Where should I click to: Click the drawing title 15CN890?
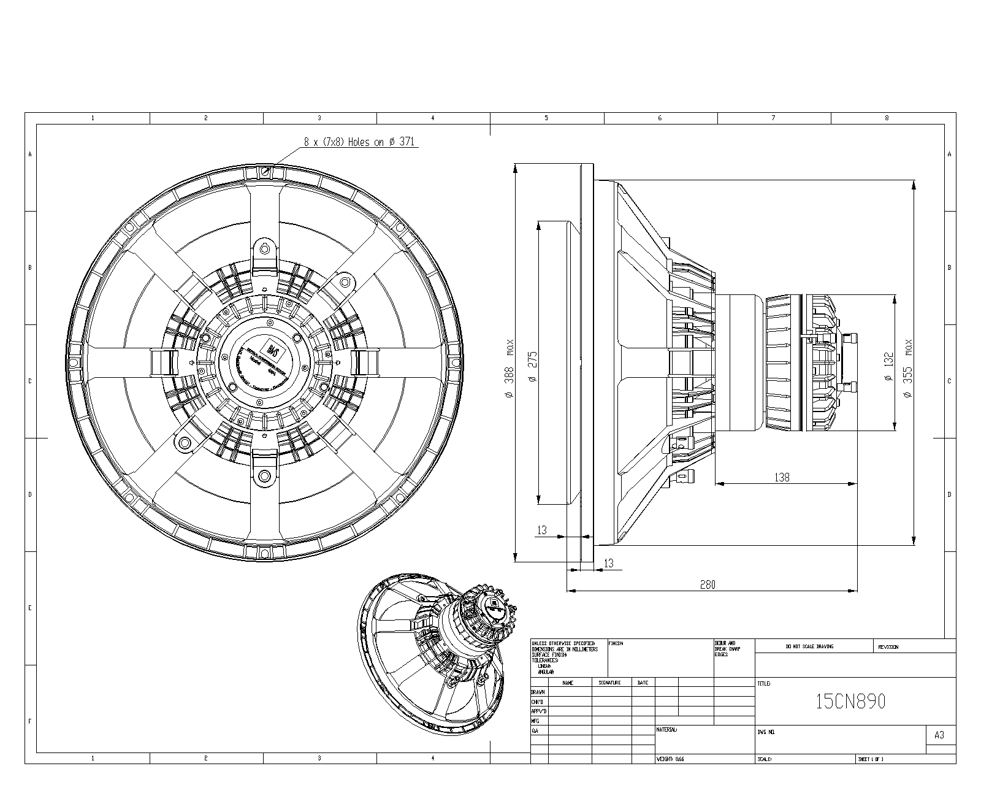click(850, 702)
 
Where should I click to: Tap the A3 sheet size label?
click(939, 735)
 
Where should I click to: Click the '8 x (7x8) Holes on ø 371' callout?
click(360, 142)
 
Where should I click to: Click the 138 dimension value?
click(782, 477)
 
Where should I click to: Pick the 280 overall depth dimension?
click(708, 584)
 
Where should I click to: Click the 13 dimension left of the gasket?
click(541, 530)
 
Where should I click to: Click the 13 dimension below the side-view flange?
click(609, 563)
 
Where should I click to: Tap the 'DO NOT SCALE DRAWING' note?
click(809, 646)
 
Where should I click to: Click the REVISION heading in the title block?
click(888, 647)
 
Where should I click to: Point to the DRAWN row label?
click(538, 692)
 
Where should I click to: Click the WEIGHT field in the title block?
click(670, 759)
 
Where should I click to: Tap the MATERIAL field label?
click(667, 730)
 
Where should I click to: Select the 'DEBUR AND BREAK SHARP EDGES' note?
click(727, 649)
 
